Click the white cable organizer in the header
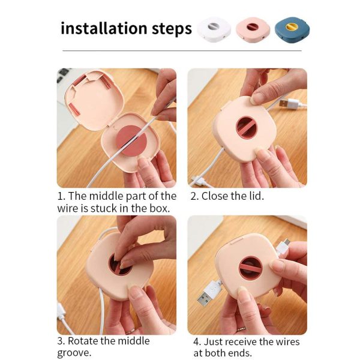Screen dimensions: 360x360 point(214,29)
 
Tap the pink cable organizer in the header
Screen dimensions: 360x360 point(253,30)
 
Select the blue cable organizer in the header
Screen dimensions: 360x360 point(292,30)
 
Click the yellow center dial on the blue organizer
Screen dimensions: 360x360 point(292,26)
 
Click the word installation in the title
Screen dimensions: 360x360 point(104,28)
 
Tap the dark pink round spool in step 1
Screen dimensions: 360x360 point(131,140)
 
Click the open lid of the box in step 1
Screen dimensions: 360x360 point(94,100)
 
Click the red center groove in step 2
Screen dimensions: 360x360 point(247,128)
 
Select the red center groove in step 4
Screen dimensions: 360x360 point(250,268)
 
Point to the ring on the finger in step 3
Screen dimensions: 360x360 point(130,331)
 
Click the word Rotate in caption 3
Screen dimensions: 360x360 point(83,341)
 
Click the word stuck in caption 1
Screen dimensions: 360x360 point(104,208)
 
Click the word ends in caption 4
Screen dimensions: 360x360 point(241,353)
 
